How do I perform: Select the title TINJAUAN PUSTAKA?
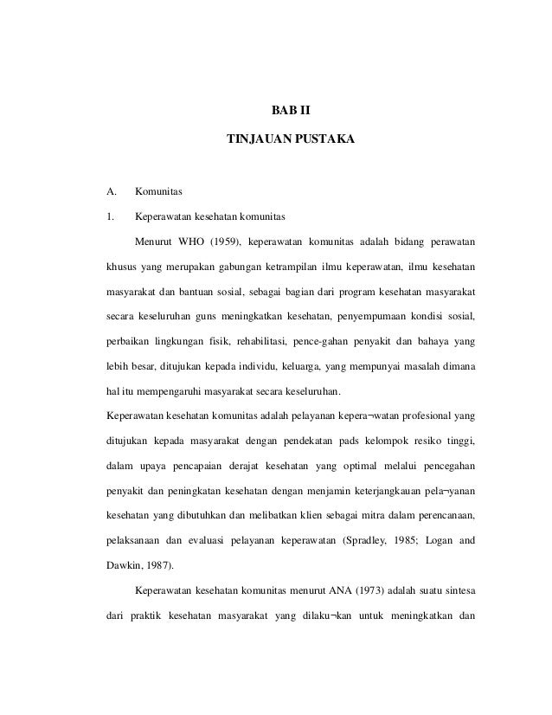coord(290,138)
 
